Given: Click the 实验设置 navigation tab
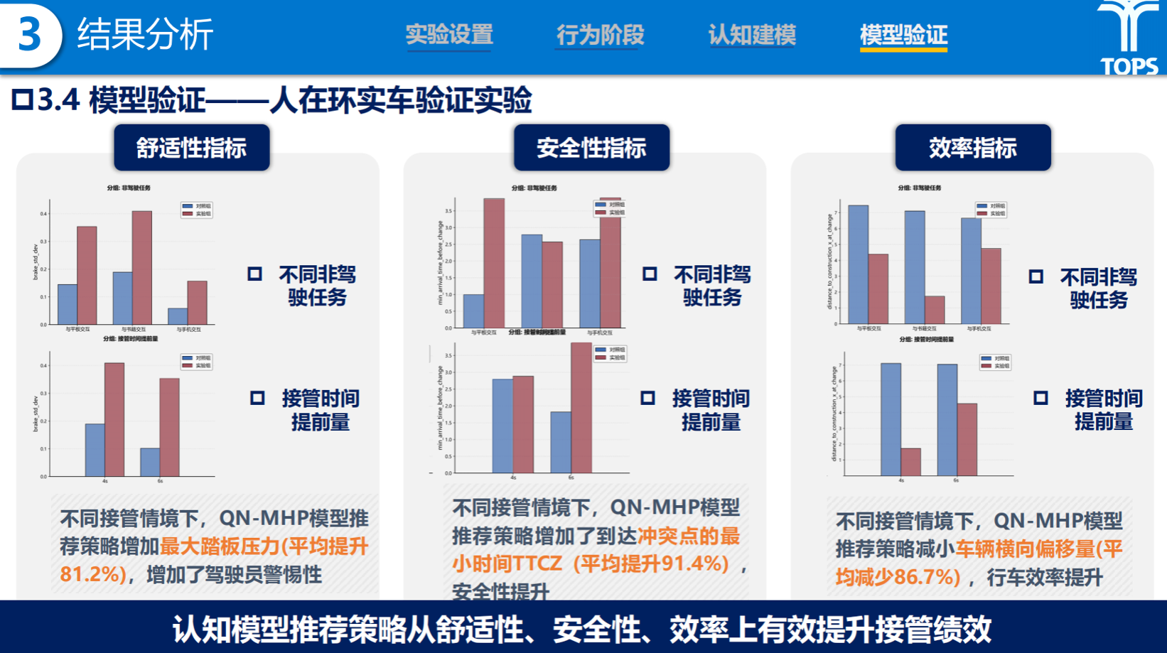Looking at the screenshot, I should tap(449, 34).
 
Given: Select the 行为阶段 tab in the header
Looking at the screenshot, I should tap(600, 34).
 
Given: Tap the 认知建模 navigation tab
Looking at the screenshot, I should tap(752, 34).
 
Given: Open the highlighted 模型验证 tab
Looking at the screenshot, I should tap(903, 34).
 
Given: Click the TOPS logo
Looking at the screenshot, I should tap(1129, 39).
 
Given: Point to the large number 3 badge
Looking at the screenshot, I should tap(30, 34).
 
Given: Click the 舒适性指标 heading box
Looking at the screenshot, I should tap(192, 148).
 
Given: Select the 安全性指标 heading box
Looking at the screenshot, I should tap(591, 148).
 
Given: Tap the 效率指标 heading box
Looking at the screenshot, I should tap(972, 148).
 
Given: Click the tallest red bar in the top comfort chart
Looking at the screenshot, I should tap(141, 267).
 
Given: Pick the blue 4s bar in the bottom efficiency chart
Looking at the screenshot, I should tap(891, 419).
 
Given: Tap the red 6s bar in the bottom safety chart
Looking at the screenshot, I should tap(581, 408).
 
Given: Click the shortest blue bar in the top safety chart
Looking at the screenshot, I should tap(473, 311).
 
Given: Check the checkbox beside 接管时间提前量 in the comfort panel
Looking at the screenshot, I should tap(257, 398).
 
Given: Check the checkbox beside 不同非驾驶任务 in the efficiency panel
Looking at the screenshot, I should tap(1036, 277).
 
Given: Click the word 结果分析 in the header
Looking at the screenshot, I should tap(145, 34).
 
